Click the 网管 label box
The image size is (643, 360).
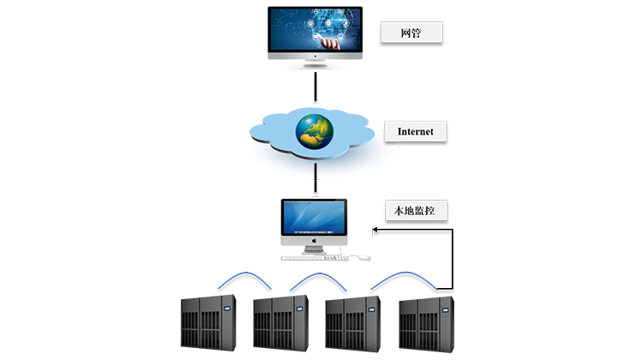(x=411, y=33)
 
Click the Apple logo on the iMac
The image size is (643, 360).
(x=314, y=243)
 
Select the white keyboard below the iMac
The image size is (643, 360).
(x=315, y=257)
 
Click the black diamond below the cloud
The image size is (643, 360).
(x=315, y=185)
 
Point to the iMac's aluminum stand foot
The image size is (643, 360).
(x=314, y=249)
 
